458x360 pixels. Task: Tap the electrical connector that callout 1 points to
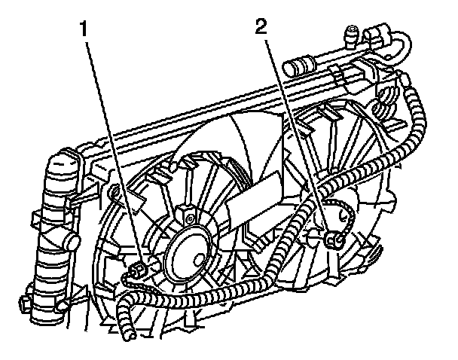[x=138, y=270]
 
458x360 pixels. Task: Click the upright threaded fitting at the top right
[x=351, y=34]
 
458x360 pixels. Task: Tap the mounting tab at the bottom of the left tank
[x=27, y=305]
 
